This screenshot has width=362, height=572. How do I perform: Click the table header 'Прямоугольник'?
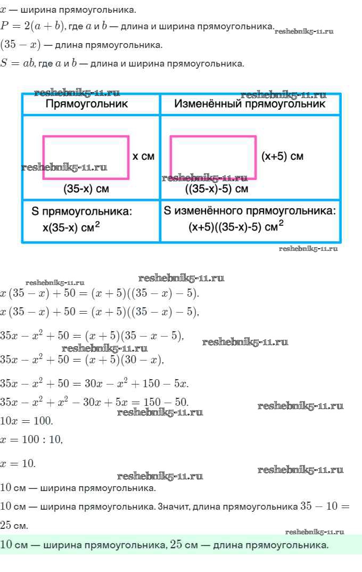(86, 104)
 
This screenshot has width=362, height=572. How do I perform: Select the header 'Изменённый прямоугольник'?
(249, 104)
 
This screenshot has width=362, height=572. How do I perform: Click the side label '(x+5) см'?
(282, 156)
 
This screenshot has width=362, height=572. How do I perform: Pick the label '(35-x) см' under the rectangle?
(86, 189)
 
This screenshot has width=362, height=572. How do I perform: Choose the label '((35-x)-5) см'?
(217, 189)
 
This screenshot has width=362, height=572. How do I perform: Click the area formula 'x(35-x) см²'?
(71, 227)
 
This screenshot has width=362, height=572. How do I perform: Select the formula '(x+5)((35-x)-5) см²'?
(235, 226)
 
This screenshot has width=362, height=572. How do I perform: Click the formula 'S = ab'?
(18, 63)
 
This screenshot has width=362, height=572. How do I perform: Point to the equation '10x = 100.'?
(26, 421)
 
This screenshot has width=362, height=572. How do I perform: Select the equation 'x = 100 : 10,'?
(31, 439)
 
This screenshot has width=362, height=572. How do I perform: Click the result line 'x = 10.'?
(18, 463)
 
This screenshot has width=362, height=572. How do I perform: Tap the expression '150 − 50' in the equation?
(166, 402)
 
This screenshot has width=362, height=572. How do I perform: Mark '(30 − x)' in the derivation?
(142, 359)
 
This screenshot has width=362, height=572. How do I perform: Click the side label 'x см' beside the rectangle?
(143, 157)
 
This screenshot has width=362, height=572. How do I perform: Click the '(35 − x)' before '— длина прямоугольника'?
(20, 45)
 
